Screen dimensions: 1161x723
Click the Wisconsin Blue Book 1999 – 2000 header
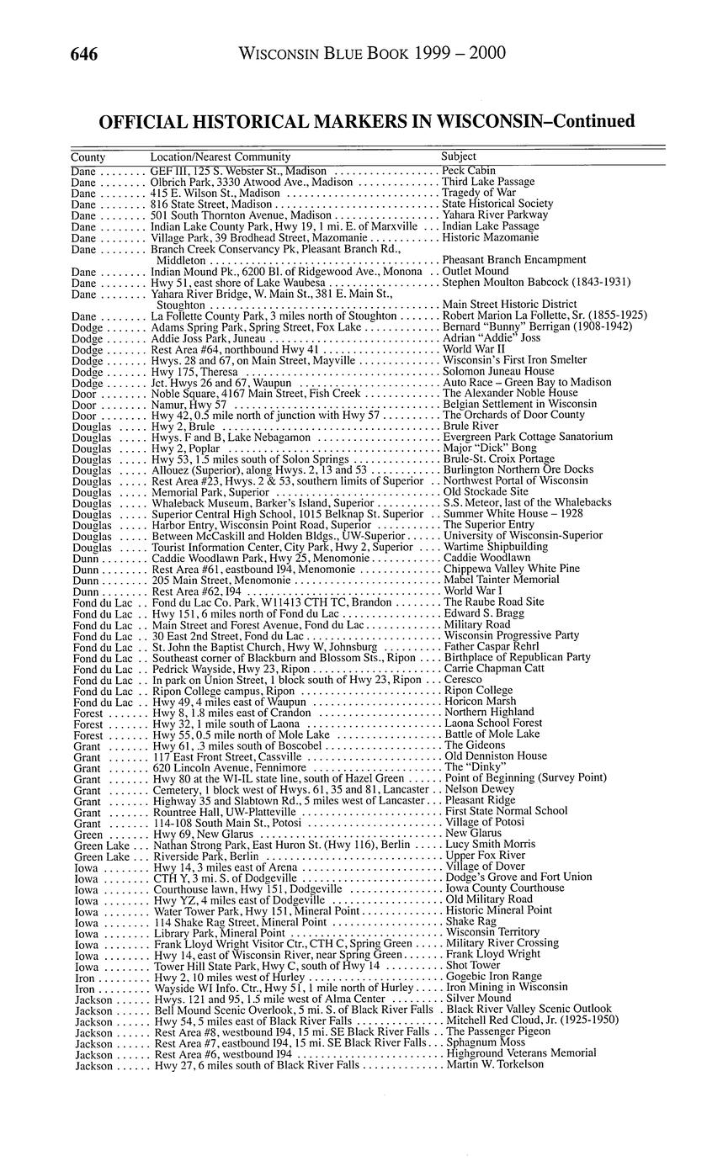coord(372,55)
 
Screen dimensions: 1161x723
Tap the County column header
coord(88,156)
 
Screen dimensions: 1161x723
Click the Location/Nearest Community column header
coord(220,156)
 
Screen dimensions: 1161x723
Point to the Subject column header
coord(459,156)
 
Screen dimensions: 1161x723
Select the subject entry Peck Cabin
coord(469,171)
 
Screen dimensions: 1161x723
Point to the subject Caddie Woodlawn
coord(487,558)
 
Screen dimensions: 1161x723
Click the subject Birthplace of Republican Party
coord(518,657)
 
